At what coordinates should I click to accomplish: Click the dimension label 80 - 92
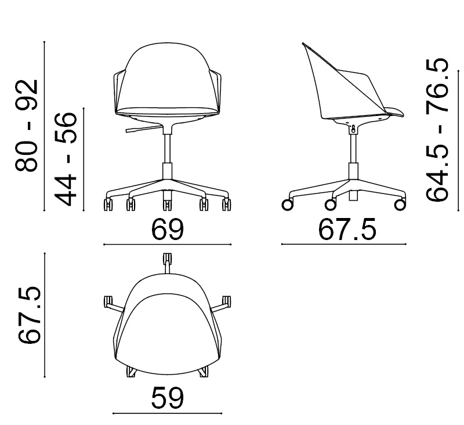tap(26, 125)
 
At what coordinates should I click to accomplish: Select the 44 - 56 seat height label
tap(66, 159)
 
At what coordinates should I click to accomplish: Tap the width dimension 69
tap(167, 230)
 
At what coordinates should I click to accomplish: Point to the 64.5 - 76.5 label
tap(437, 130)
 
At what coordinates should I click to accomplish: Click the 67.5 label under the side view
tap(347, 229)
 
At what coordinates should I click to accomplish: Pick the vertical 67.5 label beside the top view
tap(29, 315)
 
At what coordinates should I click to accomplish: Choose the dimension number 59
tap(167, 398)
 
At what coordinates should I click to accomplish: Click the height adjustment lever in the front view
tap(144, 129)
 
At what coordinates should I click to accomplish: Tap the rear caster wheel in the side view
tap(287, 204)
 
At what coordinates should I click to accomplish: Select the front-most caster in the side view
tap(400, 204)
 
